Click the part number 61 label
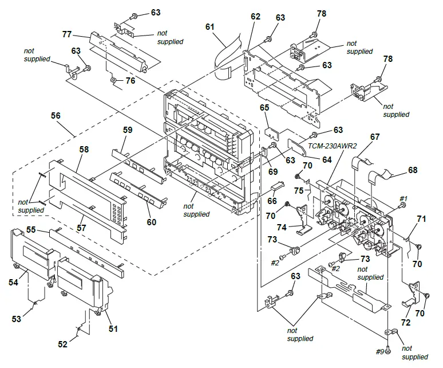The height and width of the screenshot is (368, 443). click(210, 27)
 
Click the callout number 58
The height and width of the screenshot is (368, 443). click(84, 149)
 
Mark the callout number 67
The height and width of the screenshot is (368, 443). click(375, 137)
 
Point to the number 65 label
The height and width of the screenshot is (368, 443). click(264, 107)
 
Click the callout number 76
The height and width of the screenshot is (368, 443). click(130, 81)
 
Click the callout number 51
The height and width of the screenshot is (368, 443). click(113, 329)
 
